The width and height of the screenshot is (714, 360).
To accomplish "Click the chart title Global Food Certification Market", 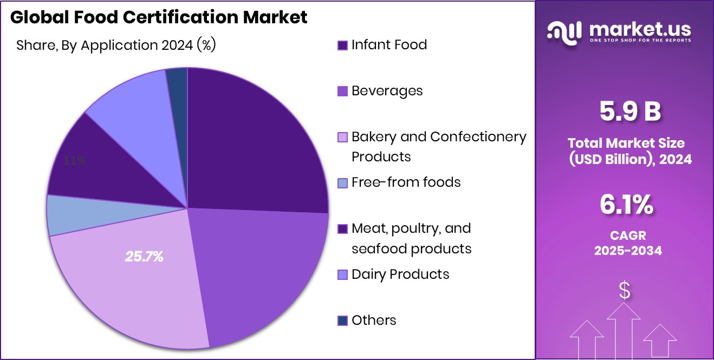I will (x=159, y=17).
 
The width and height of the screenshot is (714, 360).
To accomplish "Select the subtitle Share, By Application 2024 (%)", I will (x=116, y=45).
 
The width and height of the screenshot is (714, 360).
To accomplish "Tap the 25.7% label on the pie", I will (x=144, y=257).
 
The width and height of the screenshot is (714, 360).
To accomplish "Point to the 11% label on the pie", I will (x=75, y=161).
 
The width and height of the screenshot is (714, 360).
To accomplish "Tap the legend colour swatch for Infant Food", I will (x=342, y=45).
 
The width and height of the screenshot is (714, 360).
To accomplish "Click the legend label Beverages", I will (x=387, y=91).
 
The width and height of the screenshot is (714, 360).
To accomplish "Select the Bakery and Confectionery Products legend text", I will (x=438, y=147).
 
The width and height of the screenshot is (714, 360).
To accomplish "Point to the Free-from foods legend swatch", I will (x=342, y=183).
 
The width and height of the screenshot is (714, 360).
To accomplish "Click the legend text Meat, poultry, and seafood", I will (x=411, y=238).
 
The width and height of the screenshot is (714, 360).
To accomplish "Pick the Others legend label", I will (x=374, y=320).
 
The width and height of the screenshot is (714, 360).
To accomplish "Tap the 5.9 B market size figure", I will (x=629, y=112).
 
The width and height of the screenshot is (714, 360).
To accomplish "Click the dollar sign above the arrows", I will (x=625, y=291).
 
